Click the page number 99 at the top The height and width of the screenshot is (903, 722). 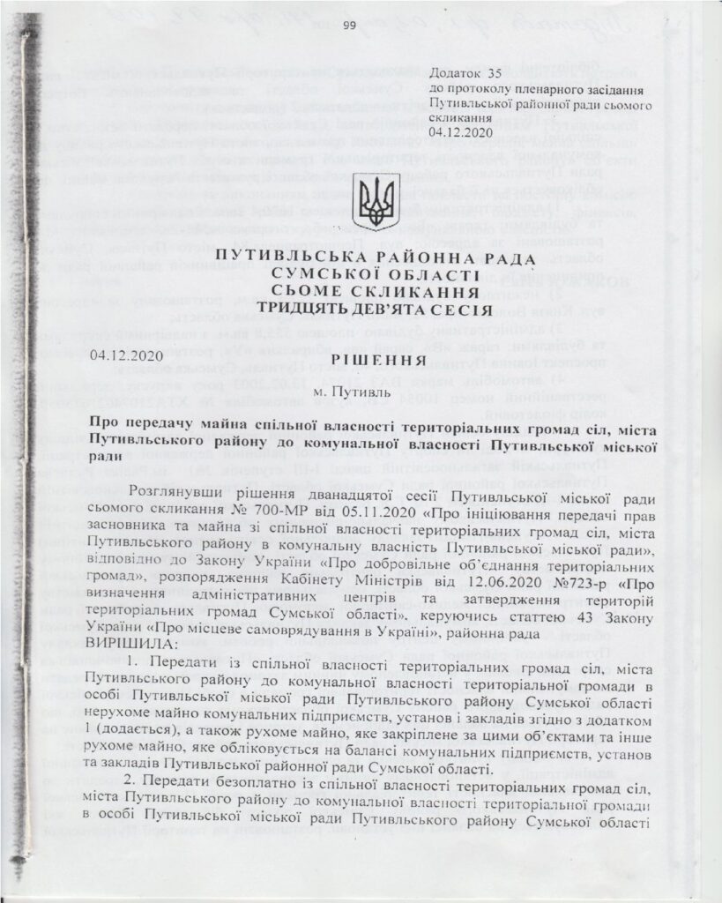(x=347, y=26)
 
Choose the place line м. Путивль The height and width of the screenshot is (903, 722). (x=363, y=389)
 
